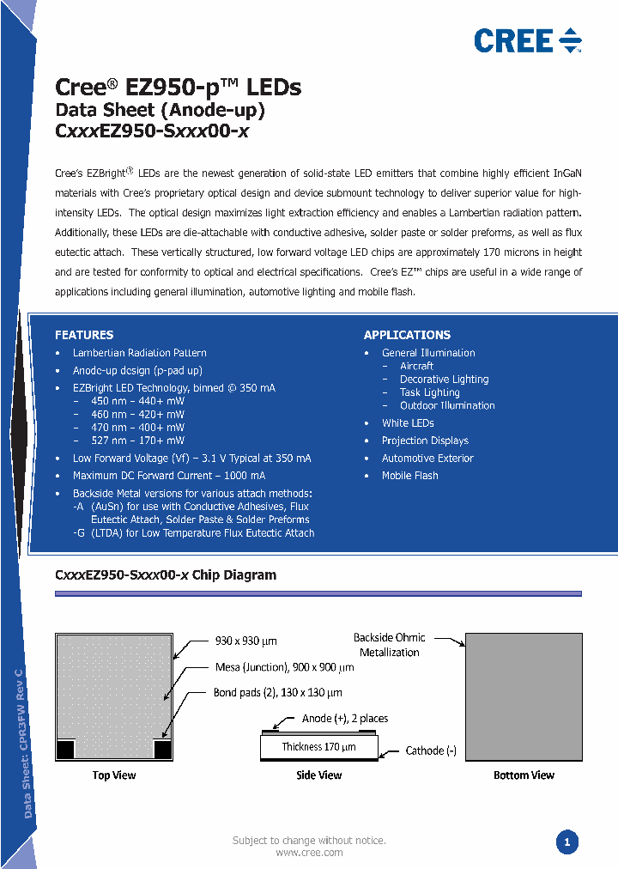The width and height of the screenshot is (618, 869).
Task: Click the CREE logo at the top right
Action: (x=527, y=40)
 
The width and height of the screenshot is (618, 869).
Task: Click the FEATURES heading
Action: (x=84, y=335)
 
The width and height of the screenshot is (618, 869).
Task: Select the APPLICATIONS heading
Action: (x=407, y=335)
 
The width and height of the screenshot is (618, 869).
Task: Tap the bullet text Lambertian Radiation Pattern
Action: (x=139, y=353)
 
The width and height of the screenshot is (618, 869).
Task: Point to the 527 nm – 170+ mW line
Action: (x=129, y=441)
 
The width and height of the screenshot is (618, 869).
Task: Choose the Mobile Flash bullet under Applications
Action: (x=409, y=476)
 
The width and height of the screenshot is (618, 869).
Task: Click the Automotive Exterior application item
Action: (x=427, y=459)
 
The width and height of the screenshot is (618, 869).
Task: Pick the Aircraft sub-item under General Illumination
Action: (x=416, y=366)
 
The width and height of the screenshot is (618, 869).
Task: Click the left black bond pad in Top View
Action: (x=64, y=750)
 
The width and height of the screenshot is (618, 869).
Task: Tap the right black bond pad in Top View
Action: (x=163, y=750)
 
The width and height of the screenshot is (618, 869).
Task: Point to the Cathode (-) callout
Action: (x=431, y=750)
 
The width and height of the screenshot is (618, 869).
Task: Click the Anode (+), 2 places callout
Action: (x=345, y=718)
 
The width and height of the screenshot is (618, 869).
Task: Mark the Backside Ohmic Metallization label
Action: (x=389, y=645)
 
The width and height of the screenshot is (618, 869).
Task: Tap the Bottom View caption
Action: (x=524, y=775)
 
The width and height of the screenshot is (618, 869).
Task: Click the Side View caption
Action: (x=319, y=775)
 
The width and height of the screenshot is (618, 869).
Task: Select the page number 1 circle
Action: (x=566, y=842)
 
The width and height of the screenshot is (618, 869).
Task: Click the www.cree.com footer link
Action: (x=309, y=853)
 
